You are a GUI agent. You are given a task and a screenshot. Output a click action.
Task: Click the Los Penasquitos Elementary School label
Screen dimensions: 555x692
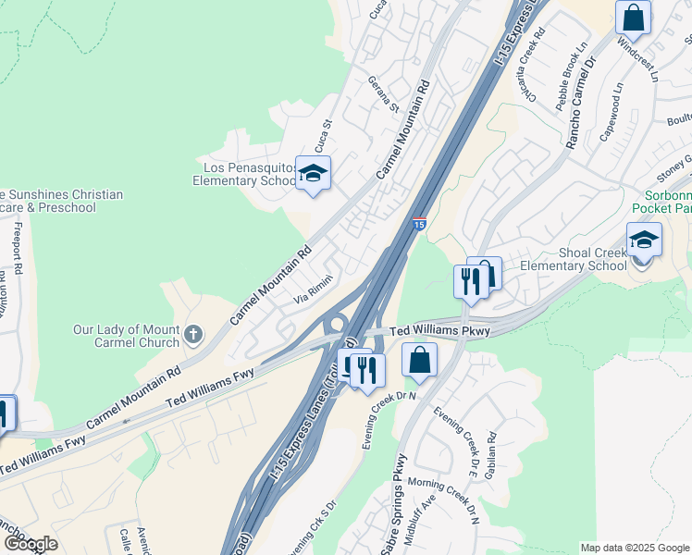(x=243, y=174)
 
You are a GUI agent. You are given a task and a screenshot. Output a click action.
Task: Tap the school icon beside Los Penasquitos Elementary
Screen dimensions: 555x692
(x=313, y=173)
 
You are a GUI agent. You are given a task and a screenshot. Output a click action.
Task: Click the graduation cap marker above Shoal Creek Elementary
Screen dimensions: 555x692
(x=644, y=241)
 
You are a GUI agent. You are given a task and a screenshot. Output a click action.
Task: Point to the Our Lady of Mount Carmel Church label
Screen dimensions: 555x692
(x=127, y=336)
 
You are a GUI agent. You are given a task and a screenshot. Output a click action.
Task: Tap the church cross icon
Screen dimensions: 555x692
(x=193, y=334)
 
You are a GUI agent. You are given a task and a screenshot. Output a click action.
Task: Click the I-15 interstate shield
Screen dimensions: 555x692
(x=419, y=224)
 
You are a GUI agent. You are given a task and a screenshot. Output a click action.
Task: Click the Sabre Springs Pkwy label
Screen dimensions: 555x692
(x=394, y=507)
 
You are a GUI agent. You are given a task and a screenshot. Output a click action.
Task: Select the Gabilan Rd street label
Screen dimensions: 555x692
(x=492, y=451)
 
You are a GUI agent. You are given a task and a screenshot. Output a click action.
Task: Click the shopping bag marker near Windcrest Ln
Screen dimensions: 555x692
(x=634, y=18)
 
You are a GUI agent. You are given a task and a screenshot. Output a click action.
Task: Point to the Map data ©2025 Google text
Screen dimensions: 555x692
(x=634, y=548)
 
